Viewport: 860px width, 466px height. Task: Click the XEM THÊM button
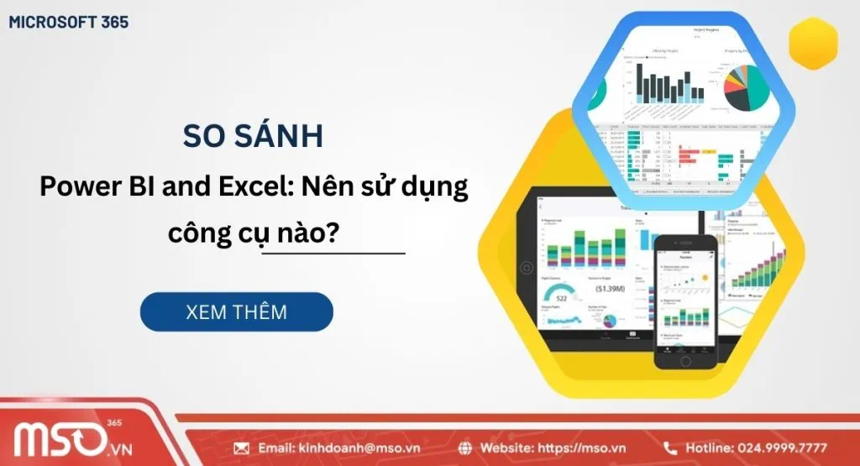tap(236, 312)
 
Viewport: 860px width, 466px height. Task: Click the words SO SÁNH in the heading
tap(253, 137)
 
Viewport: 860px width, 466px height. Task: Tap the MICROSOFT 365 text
tap(69, 23)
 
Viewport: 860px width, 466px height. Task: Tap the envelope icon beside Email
tap(242, 448)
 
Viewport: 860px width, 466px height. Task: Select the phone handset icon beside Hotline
tap(670, 448)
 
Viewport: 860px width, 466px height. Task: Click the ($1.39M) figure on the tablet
tap(609, 288)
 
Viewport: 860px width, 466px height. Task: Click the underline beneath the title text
tap(333, 253)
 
